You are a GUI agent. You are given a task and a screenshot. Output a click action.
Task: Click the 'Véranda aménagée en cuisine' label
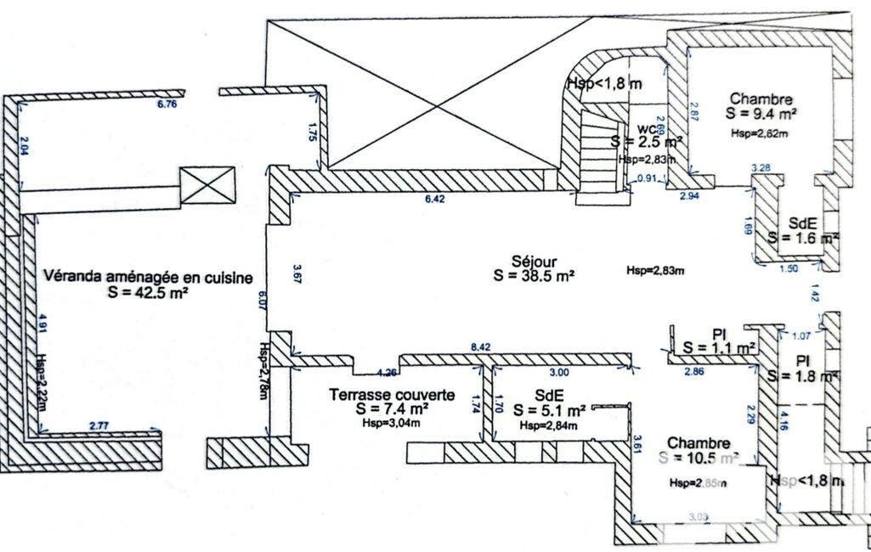pyautogui.click(x=149, y=277)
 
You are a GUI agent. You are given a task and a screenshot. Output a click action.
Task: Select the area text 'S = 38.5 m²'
pyautogui.click(x=534, y=276)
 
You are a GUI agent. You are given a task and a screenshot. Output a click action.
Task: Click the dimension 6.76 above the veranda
pyautogui.click(x=166, y=105)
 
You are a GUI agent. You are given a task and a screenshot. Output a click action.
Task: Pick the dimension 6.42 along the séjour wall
pyautogui.click(x=436, y=200)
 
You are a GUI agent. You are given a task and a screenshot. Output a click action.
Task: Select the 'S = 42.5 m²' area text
pyautogui.click(x=148, y=291)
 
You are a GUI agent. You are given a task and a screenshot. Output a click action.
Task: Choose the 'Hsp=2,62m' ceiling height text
pyautogui.click(x=759, y=133)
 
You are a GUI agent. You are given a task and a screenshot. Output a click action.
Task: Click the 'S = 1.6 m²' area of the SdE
pyautogui.click(x=803, y=239)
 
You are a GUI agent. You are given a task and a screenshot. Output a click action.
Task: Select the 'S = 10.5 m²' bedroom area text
pyautogui.click(x=699, y=459)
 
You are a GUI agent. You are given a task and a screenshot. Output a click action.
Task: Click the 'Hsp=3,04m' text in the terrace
pyautogui.click(x=392, y=422)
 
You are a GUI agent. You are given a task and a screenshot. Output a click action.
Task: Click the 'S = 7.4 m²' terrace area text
pyautogui.click(x=392, y=409)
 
